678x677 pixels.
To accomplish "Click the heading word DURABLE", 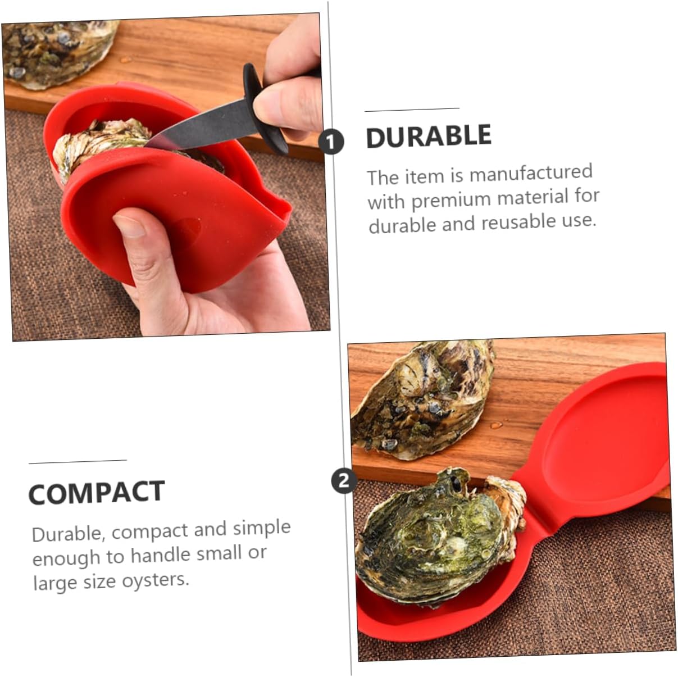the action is (429, 137).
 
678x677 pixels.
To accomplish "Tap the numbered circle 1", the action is (331, 142).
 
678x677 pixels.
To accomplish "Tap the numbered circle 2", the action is (344, 480).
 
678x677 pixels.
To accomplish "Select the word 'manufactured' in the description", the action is (531, 173).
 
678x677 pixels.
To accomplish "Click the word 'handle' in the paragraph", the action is (160, 556).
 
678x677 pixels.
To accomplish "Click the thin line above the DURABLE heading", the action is (412, 110).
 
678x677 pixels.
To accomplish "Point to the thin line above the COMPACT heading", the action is (78, 462).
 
